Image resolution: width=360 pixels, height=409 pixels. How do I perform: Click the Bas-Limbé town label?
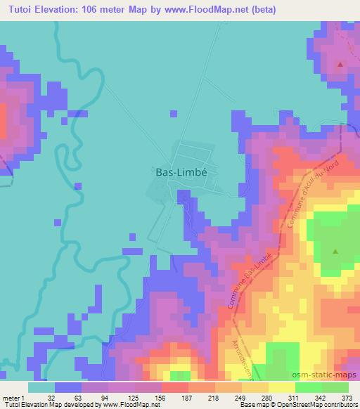(181, 171)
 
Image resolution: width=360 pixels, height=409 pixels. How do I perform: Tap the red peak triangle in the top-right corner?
(341, 65)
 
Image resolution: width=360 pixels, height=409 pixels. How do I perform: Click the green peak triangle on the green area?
(335, 251)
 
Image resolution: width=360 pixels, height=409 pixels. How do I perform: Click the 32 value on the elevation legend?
(51, 397)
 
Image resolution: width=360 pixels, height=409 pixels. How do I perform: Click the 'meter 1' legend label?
(15, 397)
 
